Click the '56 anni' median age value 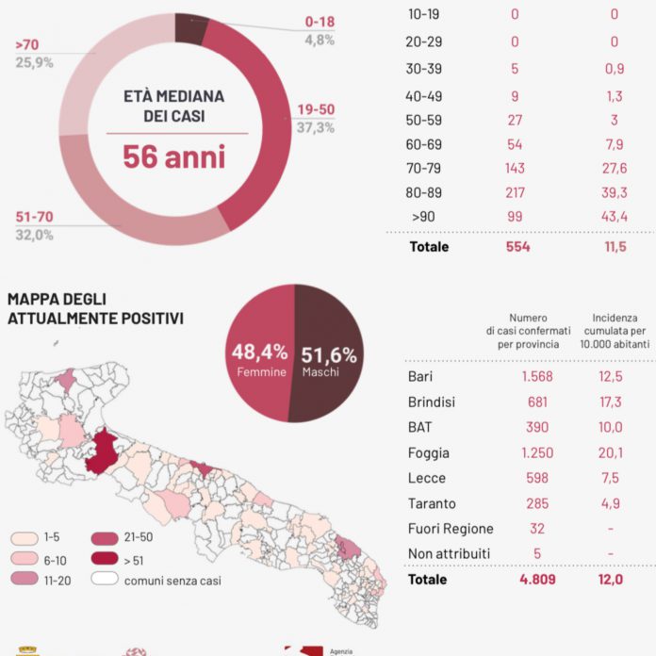pyautogui.click(x=174, y=156)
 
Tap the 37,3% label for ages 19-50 pyautogui.click(x=316, y=127)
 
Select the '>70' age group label pyautogui.click(x=26, y=44)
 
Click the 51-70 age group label pyautogui.click(x=34, y=217)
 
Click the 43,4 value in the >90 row pyautogui.click(x=614, y=217)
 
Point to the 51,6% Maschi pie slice pyautogui.click(x=330, y=358)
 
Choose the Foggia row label pyautogui.click(x=429, y=452)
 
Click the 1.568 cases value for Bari pyautogui.click(x=536, y=377)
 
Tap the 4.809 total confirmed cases pyautogui.click(x=536, y=580)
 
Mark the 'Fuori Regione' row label pyautogui.click(x=451, y=529)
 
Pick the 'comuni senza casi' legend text pyautogui.click(x=172, y=581)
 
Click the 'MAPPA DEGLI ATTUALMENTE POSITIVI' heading pyautogui.click(x=94, y=308)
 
